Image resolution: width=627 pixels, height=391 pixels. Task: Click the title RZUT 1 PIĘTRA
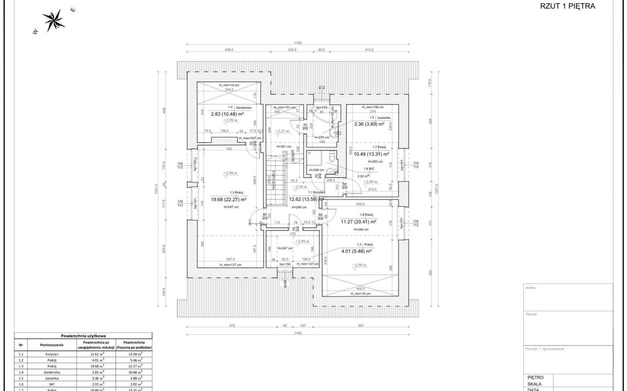tap(568, 6)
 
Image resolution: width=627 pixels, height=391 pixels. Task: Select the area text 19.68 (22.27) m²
tap(229, 200)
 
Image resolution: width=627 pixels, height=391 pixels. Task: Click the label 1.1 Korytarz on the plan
tap(317, 192)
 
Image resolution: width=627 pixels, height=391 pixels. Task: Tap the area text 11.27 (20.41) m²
tap(358, 222)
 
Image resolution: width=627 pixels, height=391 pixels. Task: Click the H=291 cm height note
tap(284, 146)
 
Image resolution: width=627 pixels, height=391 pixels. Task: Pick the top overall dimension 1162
tap(298, 43)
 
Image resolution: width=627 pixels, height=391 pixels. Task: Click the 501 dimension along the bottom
tap(361, 325)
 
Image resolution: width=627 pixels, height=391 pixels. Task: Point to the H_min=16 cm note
tap(360, 294)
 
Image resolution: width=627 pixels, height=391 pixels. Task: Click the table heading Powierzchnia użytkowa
tap(83, 336)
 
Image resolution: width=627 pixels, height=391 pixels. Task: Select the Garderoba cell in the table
tap(52, 372)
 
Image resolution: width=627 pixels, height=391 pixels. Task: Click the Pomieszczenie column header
tap(52, 345)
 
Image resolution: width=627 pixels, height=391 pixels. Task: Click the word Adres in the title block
tap(531, 288)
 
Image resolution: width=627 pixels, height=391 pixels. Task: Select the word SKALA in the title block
tap(535, 384)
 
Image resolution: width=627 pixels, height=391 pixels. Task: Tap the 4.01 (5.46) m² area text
tap(356, 251)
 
